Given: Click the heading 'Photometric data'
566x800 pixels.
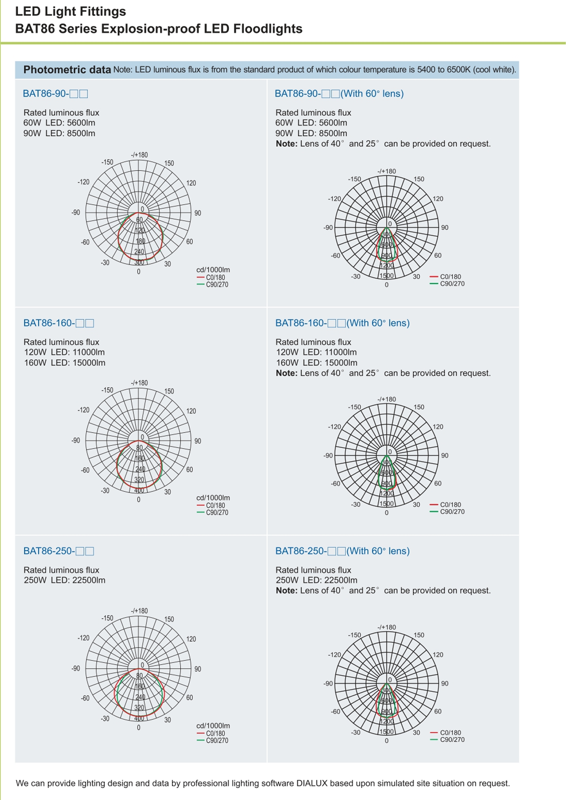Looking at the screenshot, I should click(x=67, y=70).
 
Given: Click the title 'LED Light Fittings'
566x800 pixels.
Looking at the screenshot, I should click(x=71, y=11).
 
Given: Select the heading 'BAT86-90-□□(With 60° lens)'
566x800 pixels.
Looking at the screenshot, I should click(x=339, y=93).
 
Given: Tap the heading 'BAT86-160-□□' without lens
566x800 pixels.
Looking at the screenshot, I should click(x=58, y=323).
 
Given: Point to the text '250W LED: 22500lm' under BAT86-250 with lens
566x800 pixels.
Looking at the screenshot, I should click(x=317, y=580).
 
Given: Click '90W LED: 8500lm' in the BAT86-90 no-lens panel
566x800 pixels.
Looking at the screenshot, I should click(x=59, y=134).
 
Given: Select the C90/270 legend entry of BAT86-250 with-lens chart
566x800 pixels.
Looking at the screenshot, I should click(x=452, y=740).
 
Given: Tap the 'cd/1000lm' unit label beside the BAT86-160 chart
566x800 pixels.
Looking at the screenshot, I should click(x=213, y=498).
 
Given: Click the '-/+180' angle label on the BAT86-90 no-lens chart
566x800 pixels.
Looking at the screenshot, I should click(x=140, y=155).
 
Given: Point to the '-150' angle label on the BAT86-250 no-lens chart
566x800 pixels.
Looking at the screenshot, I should click(x=107, y=618).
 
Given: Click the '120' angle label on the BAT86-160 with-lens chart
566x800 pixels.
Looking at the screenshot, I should click(x=438, y=427).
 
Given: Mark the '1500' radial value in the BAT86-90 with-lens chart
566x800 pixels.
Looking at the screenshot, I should click(x=387, y=276).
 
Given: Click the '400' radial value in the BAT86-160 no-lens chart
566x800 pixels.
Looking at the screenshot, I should click(x=139, y=490).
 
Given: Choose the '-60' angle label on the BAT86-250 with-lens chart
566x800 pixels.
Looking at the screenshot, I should click(x=336, y=712).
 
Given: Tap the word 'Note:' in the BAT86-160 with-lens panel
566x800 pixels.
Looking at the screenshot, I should click(x=286, y=373).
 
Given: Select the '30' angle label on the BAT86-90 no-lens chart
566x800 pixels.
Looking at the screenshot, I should click(x=167, y=264).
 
